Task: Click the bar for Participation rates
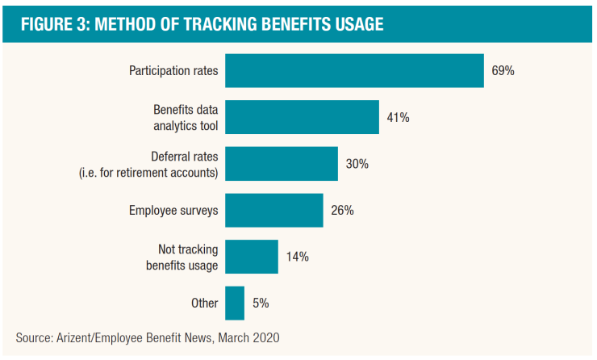click(x=354, y=70)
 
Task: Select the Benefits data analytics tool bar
click(x=302, y=117)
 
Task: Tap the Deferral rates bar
click(x=282, y=164)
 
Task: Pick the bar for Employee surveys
click(x=274, y=210)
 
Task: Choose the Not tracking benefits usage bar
click(x=252, y=257)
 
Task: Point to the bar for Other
click(x=235, y=303)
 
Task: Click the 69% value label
click(x=503, y=70)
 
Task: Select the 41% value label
click(x=398, y=117)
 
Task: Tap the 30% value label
click(x=357, y=164)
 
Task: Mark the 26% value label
click(x=342, y=210)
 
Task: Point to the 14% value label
click(x=297, y=257)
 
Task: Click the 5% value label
click(x=260, y=303)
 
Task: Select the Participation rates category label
click(x=173, y=70)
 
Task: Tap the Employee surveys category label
click(x=173, y=210)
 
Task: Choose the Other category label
click(x=205, y=303)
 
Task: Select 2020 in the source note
click(x=265, y=337)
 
